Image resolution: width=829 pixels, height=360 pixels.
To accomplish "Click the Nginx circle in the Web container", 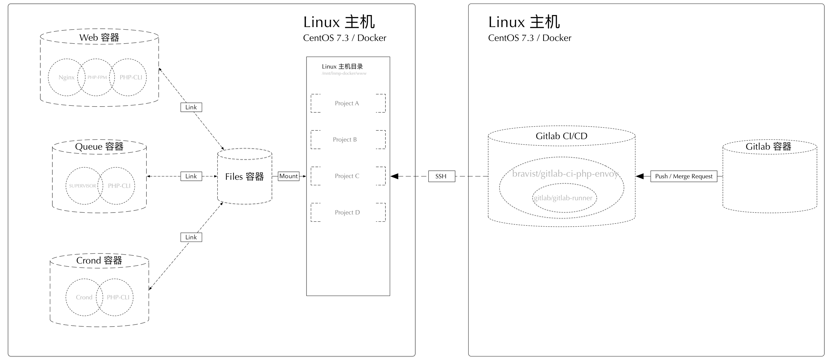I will [66, 77].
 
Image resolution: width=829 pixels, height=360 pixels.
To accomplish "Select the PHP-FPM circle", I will [97, 77].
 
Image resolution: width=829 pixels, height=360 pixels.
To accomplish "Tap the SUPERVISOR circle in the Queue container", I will [83, 186].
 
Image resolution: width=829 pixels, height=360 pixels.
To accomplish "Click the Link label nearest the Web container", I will [191, 107].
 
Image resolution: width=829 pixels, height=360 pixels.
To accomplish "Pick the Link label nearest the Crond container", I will [191, 237].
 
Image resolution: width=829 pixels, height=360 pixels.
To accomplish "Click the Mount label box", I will [288, 176].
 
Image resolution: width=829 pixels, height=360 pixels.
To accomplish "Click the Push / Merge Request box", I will [683, 176].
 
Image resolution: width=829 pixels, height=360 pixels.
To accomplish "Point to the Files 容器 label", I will [244, 177].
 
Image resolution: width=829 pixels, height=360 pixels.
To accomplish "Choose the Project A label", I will [347, 103].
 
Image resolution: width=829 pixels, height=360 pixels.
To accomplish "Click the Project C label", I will [347, 176].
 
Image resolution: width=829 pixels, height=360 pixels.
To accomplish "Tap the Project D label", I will [347, 212].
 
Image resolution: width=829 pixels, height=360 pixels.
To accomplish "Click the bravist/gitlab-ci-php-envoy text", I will [565, 174].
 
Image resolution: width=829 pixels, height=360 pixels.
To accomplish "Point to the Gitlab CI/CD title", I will [561, 136].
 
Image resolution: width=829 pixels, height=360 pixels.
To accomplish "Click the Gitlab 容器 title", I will [768, 147].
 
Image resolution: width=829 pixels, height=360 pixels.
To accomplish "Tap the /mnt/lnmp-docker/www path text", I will [344, 73].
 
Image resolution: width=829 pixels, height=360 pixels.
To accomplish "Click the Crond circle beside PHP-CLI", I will [84, 297].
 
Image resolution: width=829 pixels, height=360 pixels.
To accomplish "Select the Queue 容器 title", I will [99, 147].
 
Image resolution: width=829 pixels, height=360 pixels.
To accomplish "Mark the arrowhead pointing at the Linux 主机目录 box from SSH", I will [394, 176].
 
